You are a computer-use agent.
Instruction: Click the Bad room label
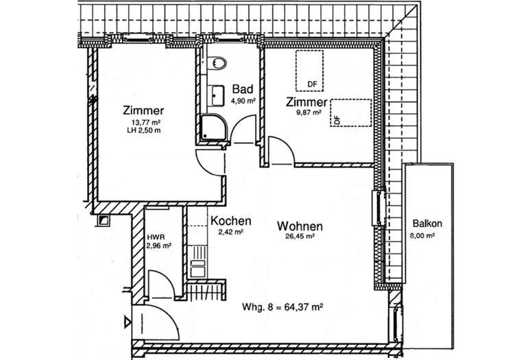242,90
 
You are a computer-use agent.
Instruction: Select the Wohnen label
300,226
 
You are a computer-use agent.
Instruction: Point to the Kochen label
230,221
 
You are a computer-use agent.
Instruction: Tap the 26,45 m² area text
300,237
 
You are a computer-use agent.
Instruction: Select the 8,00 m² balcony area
427,235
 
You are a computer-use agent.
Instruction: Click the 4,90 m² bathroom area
242,101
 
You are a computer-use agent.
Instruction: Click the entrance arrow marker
128,320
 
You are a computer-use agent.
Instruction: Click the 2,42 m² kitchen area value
226,232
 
